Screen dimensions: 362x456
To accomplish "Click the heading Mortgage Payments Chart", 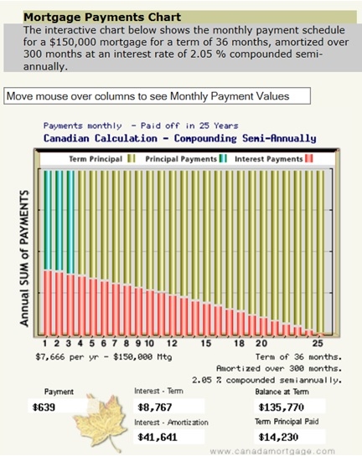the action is point(102,18).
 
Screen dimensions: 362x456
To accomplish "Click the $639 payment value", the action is point(44,407).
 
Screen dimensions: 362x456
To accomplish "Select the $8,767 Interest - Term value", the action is point(155,407).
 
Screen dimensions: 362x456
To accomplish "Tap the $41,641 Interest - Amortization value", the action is point(158,437).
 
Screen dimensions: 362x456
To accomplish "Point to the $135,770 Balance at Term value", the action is point(281,407).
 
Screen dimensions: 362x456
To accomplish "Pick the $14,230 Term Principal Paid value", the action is point(278,437).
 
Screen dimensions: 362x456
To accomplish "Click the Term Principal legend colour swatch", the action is point(132,158).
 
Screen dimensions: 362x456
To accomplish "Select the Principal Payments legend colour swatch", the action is point(223,158).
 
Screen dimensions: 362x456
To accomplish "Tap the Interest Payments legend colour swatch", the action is point(309,158).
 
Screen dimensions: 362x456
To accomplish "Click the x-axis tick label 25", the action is point(318,343).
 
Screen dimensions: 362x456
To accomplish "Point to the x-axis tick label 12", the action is point(172,343).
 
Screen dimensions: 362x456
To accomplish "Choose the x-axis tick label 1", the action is point(45,343).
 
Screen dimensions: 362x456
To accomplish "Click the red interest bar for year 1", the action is point(48,303).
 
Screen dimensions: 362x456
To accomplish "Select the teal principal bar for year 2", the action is point(59,222).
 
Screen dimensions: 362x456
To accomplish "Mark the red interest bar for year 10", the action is point(150,313).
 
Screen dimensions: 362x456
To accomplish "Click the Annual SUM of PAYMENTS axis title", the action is point(24,259).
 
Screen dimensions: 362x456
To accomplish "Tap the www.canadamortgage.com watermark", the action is point(272,452).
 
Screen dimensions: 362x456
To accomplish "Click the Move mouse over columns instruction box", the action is point(157,96).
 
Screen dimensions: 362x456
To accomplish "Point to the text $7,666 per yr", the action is point(67,356).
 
